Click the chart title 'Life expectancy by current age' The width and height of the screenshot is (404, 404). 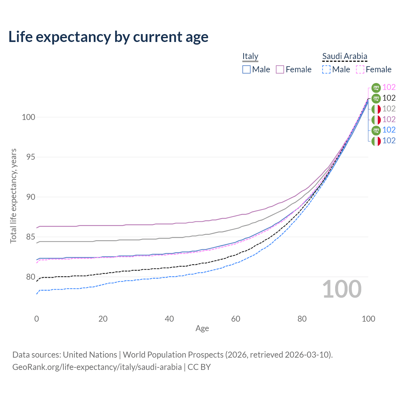(108, 37)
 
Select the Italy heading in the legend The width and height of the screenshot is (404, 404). (250, 56)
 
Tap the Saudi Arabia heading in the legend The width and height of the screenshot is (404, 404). (344, 56)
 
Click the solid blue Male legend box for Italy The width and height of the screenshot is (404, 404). (246, 69)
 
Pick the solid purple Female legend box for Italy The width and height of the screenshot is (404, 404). (280, 69)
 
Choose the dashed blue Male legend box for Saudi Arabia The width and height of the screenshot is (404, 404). (326, 69)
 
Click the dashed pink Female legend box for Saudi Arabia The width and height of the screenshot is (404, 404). (360, 69)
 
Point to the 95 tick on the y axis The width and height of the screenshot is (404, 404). (31, 157)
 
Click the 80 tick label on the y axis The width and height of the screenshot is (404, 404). (31, 277)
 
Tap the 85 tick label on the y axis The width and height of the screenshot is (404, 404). (31, 237)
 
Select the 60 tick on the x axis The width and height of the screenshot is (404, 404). (235, 319)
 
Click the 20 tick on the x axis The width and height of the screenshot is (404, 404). (103, 319)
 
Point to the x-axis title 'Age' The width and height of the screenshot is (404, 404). (202, 328)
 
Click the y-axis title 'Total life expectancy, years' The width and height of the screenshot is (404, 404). (13, 196)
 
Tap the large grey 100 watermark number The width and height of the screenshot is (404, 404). (342, 289)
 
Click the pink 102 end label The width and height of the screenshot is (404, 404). (389, 87)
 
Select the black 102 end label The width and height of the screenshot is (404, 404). (389, 98)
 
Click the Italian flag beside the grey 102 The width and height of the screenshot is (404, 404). (376, 109)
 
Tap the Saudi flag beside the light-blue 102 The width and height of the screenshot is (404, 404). (376, 130)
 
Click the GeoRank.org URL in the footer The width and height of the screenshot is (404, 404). (97, 367)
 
